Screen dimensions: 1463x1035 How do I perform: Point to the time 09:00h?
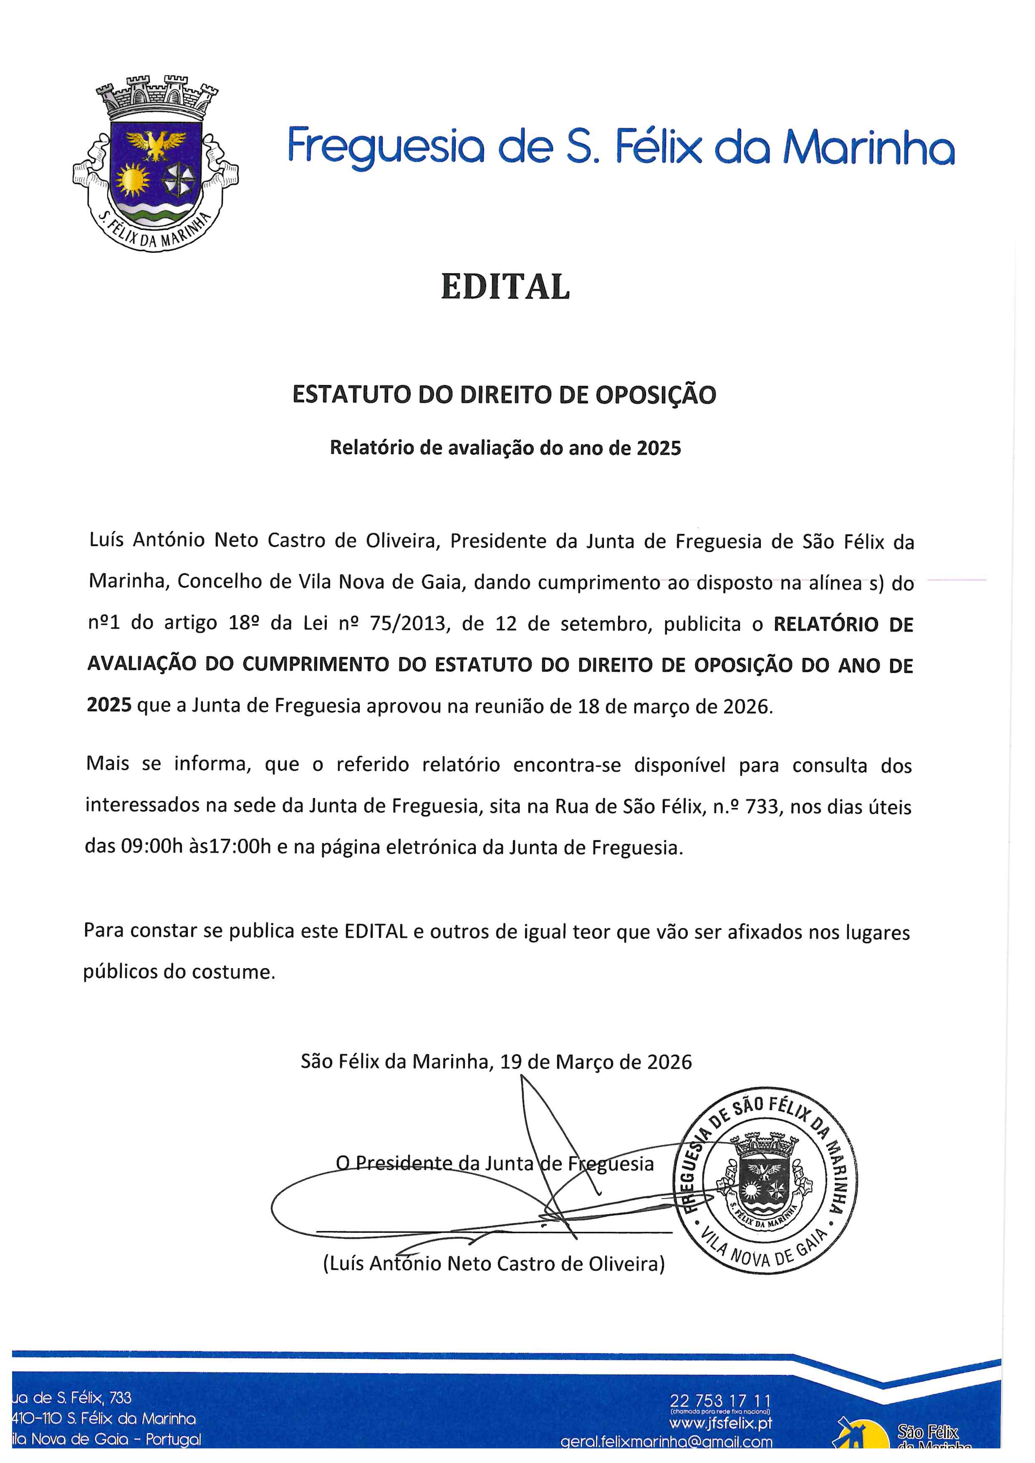151,847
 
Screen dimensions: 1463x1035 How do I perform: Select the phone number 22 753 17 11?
720,1401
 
